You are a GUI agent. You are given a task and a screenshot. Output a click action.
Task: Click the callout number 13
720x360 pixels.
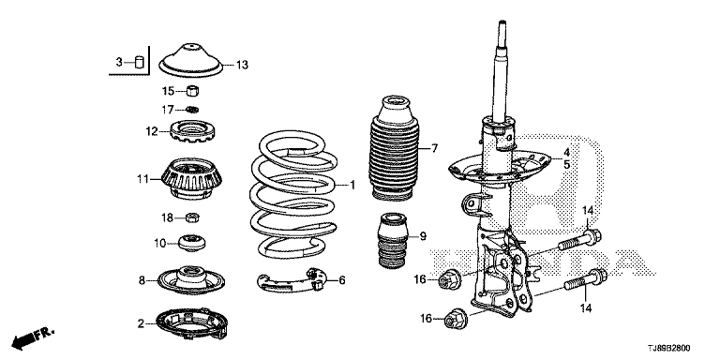[242, 65]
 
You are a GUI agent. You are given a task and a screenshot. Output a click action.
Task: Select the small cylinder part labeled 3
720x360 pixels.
[139, 62]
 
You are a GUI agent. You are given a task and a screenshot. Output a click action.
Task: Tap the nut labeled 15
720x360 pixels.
[193, 90]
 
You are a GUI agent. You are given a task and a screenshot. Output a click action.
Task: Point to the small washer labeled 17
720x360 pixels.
[193, 110]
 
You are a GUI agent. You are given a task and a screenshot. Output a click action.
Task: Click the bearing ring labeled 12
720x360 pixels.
[193, 131]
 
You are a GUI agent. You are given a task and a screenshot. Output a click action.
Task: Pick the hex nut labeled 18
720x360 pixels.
[192, 217]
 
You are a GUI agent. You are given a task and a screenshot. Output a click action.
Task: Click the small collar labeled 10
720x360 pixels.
[191, 243]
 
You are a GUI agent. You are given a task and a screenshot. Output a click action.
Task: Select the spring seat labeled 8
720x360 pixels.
[191, 279]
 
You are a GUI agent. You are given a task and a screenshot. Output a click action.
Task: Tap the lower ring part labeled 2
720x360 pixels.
[192, 323]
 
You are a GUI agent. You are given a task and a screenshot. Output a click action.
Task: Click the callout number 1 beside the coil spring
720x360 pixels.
[352, 185]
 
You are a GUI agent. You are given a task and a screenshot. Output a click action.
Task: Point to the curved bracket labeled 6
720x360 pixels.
[292, 281]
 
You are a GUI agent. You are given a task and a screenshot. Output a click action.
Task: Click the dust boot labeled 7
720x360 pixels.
[394, 148]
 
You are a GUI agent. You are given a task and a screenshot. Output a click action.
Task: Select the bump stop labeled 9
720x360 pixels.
[392, 242]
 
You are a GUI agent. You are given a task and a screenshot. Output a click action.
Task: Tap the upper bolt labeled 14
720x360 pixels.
[580, 240]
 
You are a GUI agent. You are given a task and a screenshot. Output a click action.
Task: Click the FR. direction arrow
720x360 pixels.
[33, 337]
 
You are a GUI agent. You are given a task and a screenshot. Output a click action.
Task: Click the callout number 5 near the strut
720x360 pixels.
[567, 164]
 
